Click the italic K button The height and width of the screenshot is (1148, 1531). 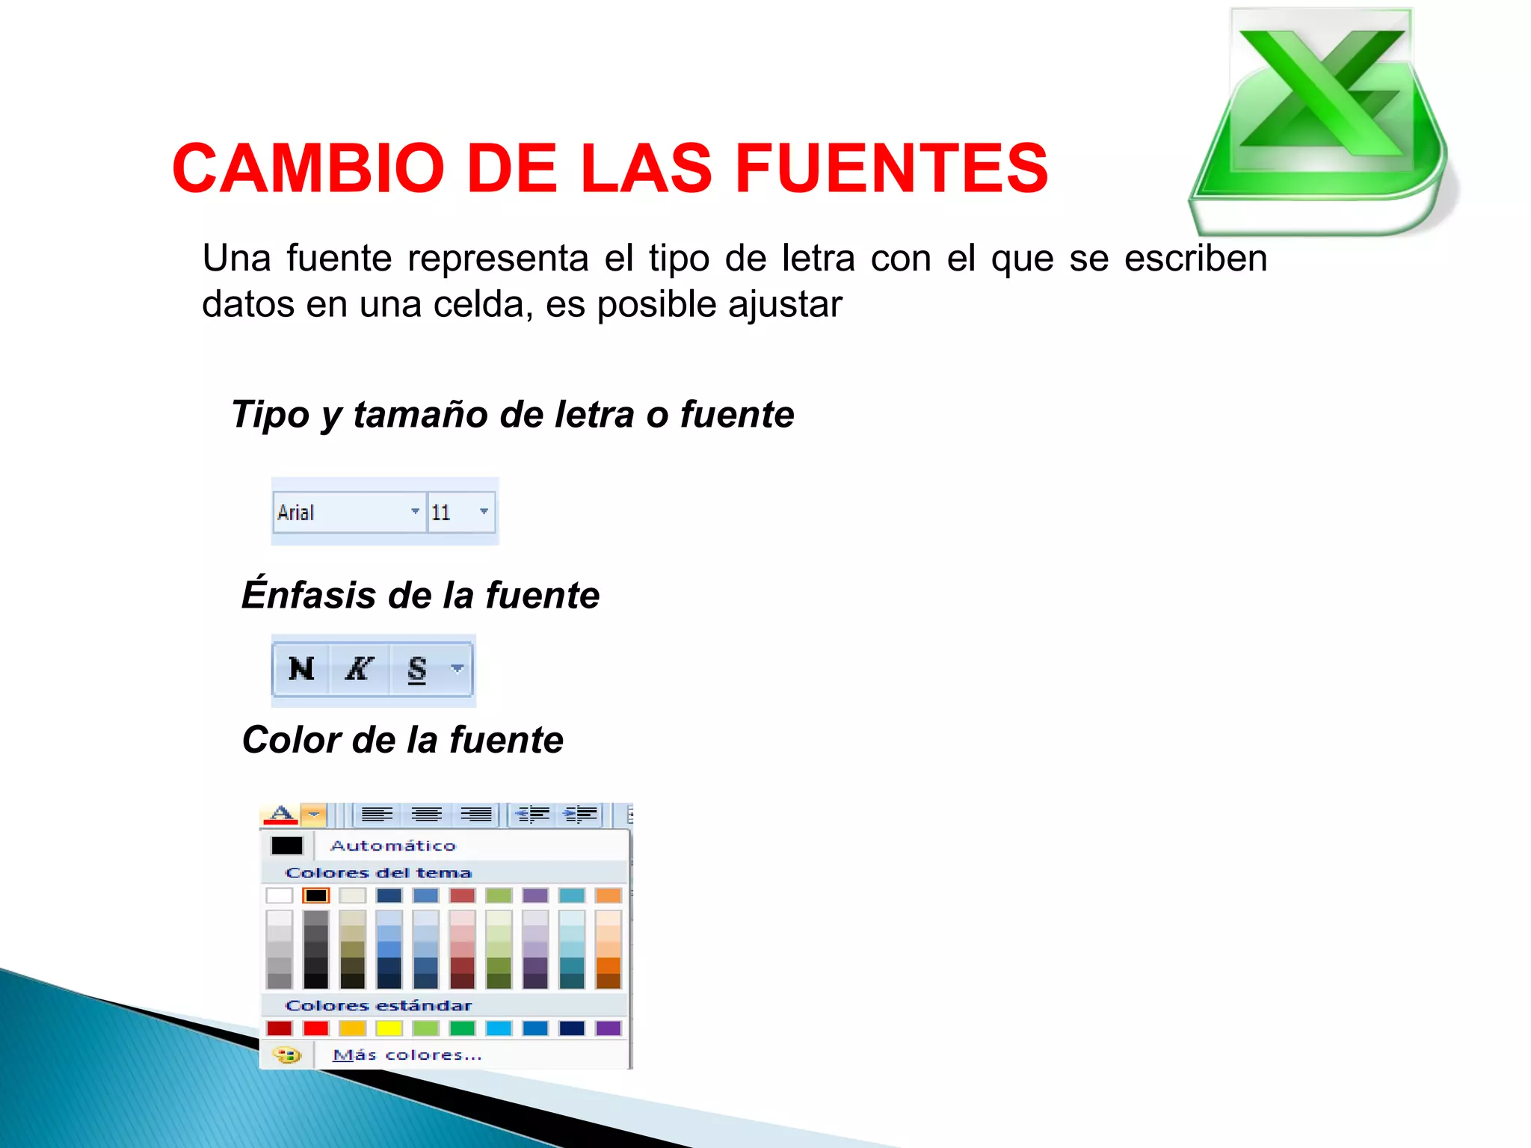click(x=359, y=669)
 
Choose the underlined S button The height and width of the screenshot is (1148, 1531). click(x=417, y=669)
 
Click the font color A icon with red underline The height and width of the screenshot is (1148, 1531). click(x=281, y=814)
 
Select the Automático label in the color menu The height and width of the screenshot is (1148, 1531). click(x=393, y=845)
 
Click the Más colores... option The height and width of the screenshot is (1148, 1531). click(x=407, y=1055)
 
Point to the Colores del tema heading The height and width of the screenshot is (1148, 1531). click(x=378, y=873)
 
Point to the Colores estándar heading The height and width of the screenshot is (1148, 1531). click(x=378, y=1006)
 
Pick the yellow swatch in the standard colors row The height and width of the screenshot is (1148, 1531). click(x=389, y=1028)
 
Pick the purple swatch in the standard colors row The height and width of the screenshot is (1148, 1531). click(x=608, y=1028)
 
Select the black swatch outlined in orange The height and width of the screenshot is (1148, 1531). click(x=315, y=895)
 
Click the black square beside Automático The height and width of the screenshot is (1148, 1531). click(x=287, y=845)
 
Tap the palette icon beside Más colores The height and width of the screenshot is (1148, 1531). click(x=286, y=1055)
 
